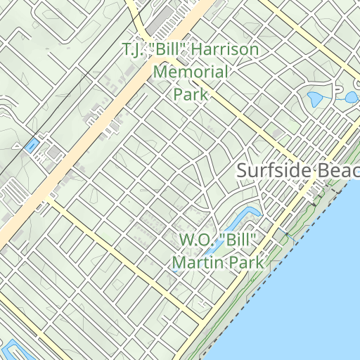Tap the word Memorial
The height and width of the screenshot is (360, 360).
191,72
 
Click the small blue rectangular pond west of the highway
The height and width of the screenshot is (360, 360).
31,146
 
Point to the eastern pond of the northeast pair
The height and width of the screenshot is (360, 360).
350,96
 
